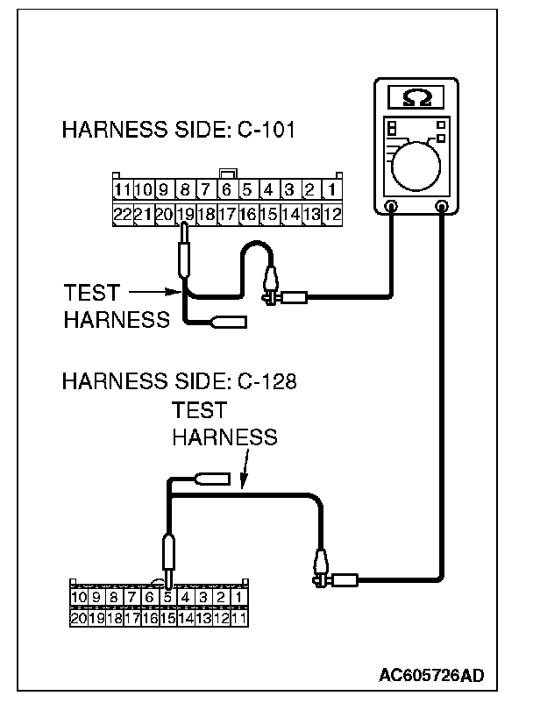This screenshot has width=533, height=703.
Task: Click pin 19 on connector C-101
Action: coord(185,213)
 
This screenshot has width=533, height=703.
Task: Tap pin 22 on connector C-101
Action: coord(122,213)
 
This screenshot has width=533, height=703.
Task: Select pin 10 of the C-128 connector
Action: coord(79,598)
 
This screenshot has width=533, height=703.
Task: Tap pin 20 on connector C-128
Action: coord(79,617)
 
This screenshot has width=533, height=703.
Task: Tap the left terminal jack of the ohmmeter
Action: coord(390,208)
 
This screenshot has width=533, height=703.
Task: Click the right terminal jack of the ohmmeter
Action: coord(443,208)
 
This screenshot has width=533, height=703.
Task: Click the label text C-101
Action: coord(266,131)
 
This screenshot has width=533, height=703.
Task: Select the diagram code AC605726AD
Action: coord(431,676)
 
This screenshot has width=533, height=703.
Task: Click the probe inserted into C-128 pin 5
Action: coord(169,557)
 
